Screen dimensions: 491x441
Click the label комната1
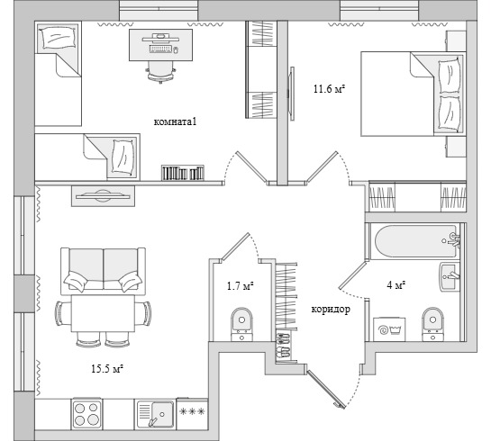pos(175,121)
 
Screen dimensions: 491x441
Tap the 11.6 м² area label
pos(329,89)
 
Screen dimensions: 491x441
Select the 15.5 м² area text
pos(107,369)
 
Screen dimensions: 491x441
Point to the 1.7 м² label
pos(240,285)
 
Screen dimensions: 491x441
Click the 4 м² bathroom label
pos(396,285)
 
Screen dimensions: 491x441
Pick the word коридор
pos(331,310)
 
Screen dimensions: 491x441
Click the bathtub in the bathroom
pos(415,241)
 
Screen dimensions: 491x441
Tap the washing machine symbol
pos(389,329)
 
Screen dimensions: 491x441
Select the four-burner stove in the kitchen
pos(86,414)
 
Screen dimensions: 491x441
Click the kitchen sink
pos(156,414)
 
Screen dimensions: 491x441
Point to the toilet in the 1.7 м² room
pos(241,325)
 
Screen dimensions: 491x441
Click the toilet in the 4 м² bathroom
pos(432,324)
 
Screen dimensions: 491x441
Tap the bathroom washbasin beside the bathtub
pos(450,276)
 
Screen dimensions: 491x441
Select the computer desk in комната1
pos(160,45)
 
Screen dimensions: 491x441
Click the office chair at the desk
pos(161,72)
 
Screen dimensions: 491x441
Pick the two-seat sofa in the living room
pos(103,271)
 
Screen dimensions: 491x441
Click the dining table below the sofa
pos(103,313)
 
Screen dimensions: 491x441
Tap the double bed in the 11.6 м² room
pos(413,94)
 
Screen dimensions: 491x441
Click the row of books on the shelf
pos(183,173)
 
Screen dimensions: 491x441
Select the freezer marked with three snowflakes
pos(192,414)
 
